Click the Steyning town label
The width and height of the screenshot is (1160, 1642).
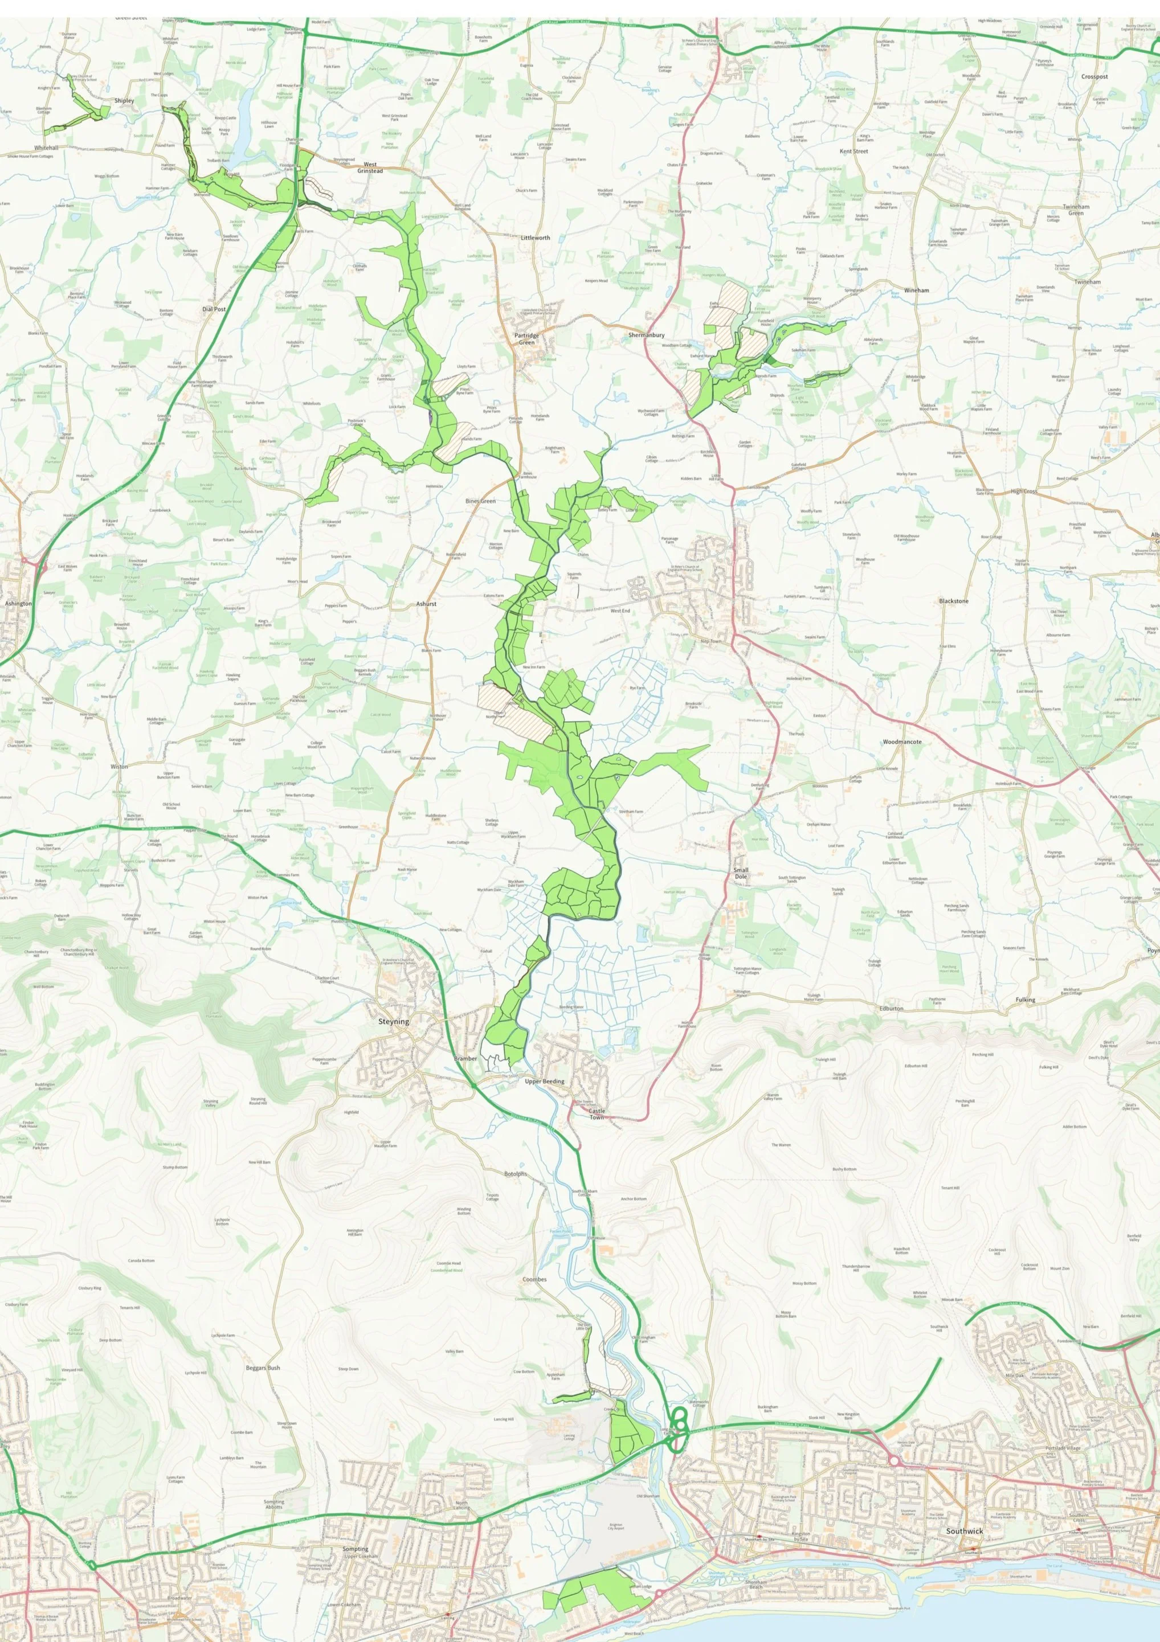(x=394, y=1022)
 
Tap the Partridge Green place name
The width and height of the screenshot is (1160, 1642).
(x=526, y=339)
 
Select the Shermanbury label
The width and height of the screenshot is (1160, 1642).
(x=646, y=335)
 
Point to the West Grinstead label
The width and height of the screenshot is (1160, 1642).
(x=370, y=167)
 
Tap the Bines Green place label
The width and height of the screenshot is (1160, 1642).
(x=480, y=501)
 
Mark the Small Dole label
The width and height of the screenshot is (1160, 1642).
(x=741, y=873)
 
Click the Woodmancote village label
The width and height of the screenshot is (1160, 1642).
(x=902, y=742)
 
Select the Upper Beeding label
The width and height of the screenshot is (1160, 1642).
(x=545, y=1082)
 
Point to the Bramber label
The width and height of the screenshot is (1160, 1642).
(x=465, y=1058)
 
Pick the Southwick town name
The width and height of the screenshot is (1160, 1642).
(x=964, y=1531)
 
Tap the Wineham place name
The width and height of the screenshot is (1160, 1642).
(x=916, y=290)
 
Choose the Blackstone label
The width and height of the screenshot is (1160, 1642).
(x=953, y=601)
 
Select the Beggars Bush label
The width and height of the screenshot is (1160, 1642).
(x=263, y=1367)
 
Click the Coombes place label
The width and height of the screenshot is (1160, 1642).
(x=534, y=1279)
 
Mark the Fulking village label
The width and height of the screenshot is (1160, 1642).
(x=1025, y=1000)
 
